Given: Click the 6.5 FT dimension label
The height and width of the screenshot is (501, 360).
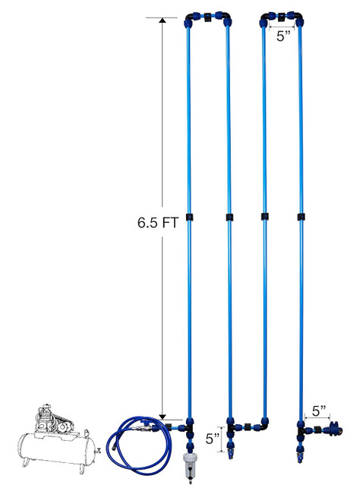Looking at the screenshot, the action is [x=157, y=223].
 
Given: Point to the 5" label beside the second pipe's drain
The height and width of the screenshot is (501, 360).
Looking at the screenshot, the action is [x=213, y=439].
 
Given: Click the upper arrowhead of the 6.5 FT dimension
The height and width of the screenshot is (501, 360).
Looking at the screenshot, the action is [x=163, y=21].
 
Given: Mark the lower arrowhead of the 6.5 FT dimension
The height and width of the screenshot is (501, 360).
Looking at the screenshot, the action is [x=163, y=417].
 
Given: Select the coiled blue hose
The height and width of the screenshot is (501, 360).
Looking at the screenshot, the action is [x=139, y=445].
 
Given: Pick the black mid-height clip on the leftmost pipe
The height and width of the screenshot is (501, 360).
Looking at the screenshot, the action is [x=189, y=217].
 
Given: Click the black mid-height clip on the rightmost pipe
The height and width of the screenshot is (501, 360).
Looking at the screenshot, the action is [x=301, y=217].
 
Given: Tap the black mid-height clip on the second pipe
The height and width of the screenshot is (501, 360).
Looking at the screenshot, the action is [x=229, y=217].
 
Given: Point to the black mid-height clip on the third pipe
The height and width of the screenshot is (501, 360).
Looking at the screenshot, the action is [x=264, y=217].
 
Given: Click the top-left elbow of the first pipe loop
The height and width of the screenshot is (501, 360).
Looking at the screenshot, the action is [x=191, y=19].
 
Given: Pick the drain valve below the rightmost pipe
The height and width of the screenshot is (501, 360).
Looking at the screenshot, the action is [x=300, y=452].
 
